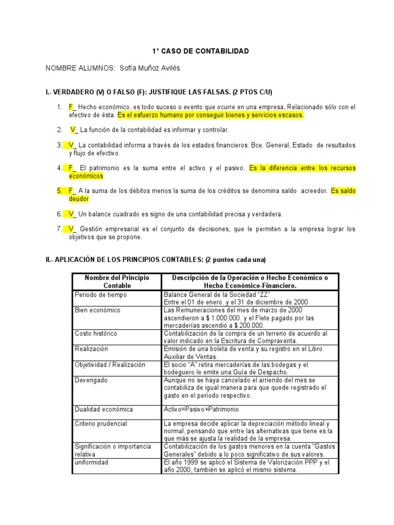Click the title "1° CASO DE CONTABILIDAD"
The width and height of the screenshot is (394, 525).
tap(200, 51)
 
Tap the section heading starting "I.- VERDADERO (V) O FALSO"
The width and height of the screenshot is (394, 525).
tap(159, 92)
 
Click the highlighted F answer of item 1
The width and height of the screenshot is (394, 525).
tap(72, 107)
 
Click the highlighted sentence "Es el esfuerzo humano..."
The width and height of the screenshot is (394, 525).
tap(210, 115)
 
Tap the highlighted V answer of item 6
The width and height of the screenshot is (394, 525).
tap(71, 214)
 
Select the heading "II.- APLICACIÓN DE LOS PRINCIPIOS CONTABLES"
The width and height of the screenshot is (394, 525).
tap(156, 259)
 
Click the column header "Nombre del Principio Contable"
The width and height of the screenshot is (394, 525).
tap(117, 281)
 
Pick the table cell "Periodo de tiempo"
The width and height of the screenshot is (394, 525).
tap(101, 295)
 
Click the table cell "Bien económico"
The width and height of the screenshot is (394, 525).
tap(97, 310)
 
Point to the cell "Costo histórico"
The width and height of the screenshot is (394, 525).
tap(96, 333)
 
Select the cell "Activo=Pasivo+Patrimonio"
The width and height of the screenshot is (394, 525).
tap(201, 410)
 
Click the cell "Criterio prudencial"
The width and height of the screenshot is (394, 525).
tap(101, 424)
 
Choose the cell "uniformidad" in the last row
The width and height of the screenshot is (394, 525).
tap(91, 462)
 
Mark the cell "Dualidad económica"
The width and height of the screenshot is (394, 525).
tap(104, 410)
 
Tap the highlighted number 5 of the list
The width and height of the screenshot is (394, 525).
tap(60, 191)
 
